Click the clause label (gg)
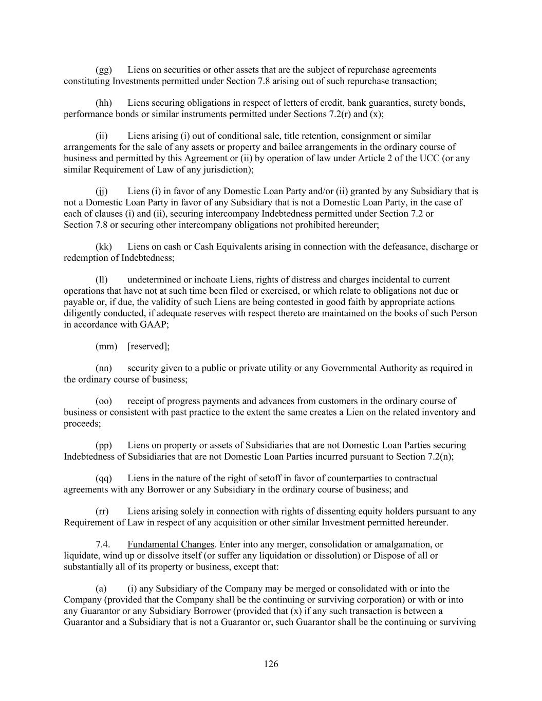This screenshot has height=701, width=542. coord(104,70)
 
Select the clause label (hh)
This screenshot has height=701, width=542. coord(104,103)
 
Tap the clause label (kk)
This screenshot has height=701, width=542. coord(104,247)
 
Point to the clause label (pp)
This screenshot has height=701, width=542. coord(104,445)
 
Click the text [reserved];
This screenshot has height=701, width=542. coord(148,347)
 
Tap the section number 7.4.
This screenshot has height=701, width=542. coord(103,544)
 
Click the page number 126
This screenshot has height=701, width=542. coord(271,664)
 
